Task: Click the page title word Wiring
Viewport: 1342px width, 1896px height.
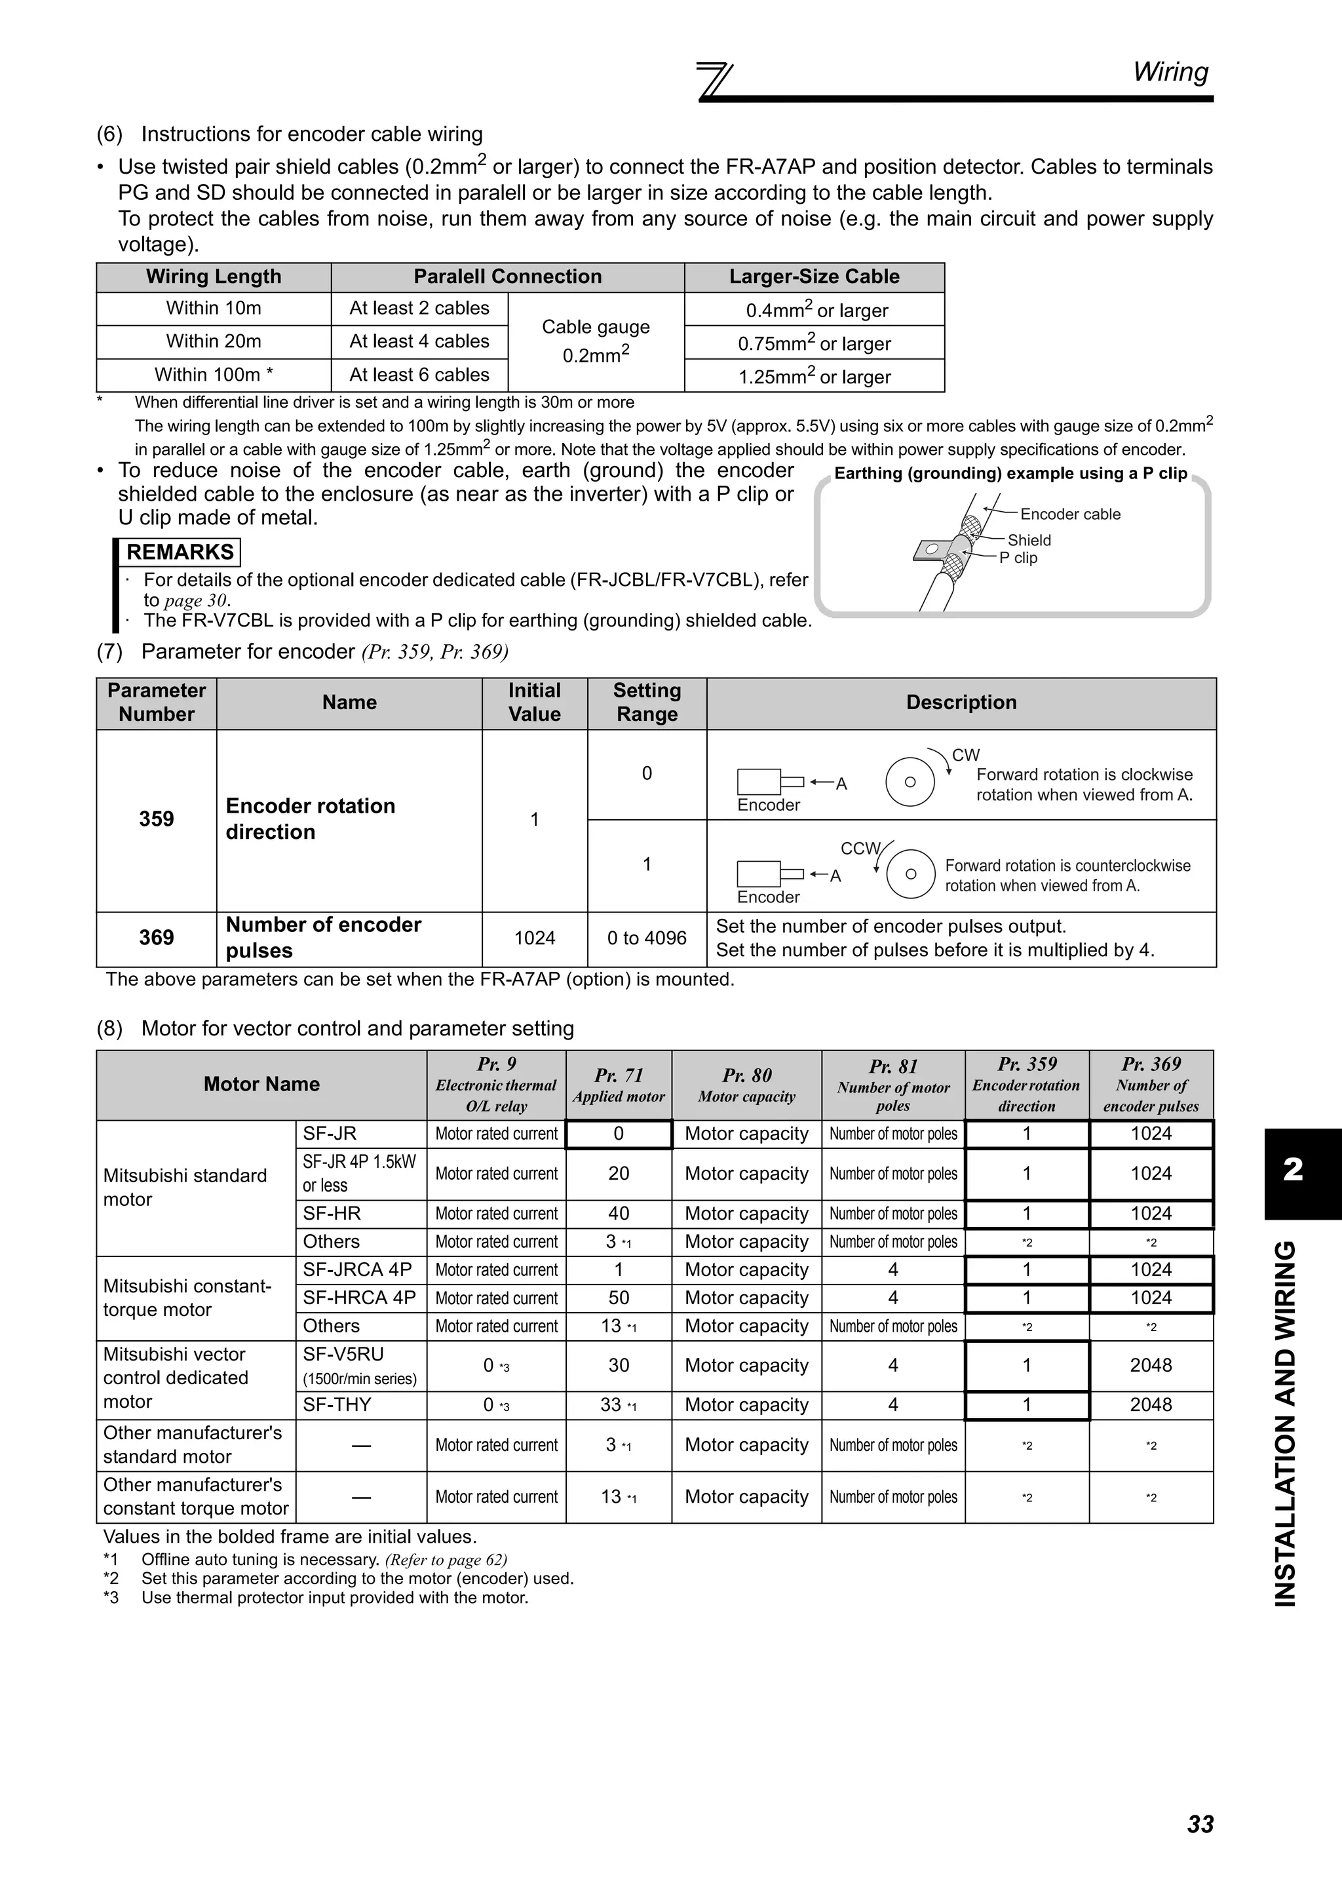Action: click(x=1170, y=72)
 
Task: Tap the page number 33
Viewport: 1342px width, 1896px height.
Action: click(x=1200, y=1823)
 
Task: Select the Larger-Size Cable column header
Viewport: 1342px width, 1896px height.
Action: click(x=814, y=277)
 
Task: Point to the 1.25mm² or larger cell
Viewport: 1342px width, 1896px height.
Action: click(x=814, y=377)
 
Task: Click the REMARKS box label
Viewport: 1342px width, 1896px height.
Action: click(x=180, y=552)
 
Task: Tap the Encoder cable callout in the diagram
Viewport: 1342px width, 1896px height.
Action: click(x=1070, y=514)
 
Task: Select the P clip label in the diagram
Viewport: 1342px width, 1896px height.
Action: click(x=1018, y=558)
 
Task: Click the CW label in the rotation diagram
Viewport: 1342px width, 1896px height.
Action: click(x=965, y=754)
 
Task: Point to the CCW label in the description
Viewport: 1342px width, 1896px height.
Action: click(x=860, y=848)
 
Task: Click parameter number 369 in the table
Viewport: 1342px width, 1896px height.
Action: click(x=156, y=938)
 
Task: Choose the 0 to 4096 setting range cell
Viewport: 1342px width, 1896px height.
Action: click(x=646, y=938)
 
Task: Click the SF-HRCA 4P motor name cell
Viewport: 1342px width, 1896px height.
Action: click(x=358, y=1298)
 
